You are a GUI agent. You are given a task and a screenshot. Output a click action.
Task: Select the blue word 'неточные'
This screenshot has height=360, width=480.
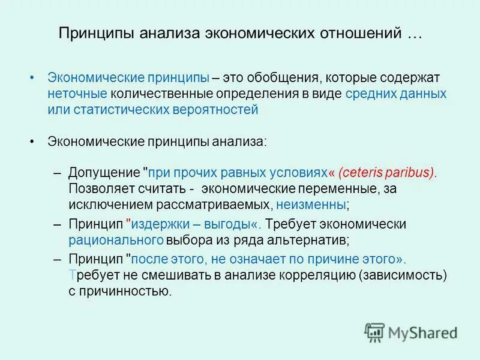tap(78, 94)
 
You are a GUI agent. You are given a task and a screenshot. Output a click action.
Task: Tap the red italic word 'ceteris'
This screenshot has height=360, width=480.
tap(364, 173)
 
